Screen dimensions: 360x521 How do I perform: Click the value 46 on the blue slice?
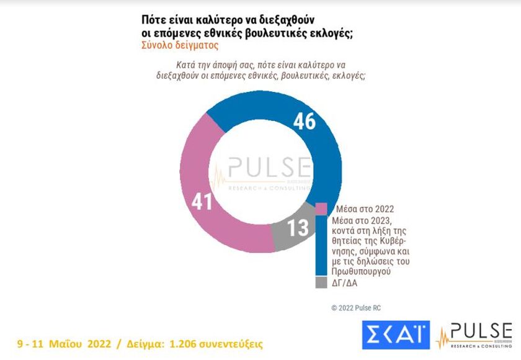coord(305,121)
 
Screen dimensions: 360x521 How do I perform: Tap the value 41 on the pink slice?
coord(202,202)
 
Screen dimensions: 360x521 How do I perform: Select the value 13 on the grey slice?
coord(298,228)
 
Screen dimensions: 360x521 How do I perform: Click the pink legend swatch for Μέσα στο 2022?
coord(321,209)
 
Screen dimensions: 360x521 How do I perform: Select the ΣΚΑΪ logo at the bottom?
coord(396,335)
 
